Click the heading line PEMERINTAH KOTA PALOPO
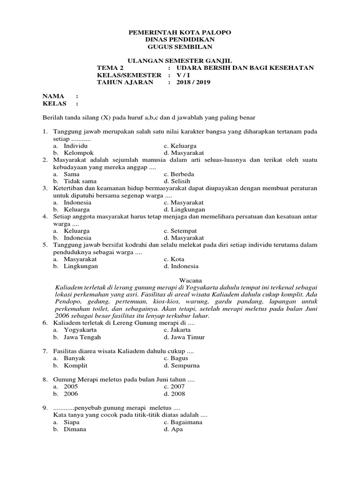pyautogui.click(x=180, y=32)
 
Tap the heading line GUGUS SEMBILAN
pyautogui.click(x=180, y=47)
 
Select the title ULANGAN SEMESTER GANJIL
pyautogui.click(x=180, y=61)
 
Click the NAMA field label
pyautogui.click(x=53, y=96)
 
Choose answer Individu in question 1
pyautogui.click(x=76, y=146)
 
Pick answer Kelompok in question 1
pyautogui.click(x=79, y=153)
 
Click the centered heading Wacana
pyautogui.click(x=180, y=280)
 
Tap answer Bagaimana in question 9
pyautogui.click(x=187, y=422)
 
